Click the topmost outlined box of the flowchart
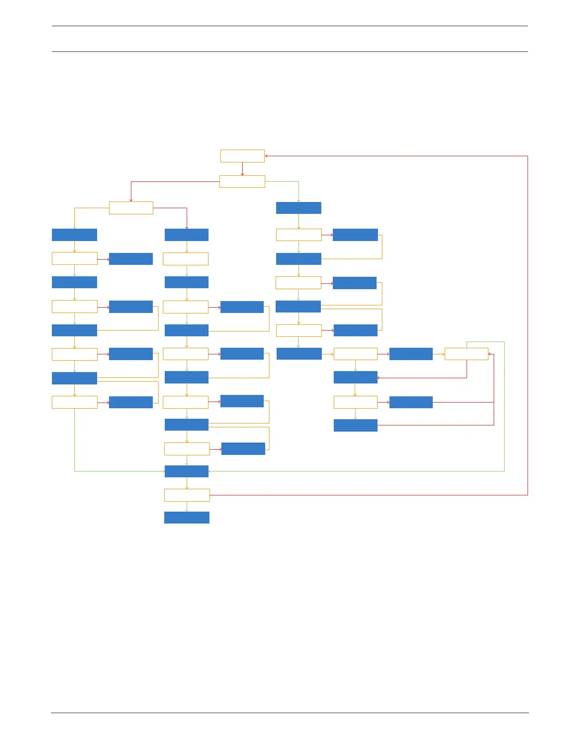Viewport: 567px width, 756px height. pyautogui.click(x=242, y=156)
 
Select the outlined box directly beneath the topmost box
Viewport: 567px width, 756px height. pyautogui.click(x=242, y=181)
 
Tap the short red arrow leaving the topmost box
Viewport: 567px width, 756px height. pyautogui.click(x=242, y=169)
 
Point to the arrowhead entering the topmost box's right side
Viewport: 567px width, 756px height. pyautogui.click(x=267, y=156)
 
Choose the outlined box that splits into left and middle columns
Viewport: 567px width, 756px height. pyautogui.click(x=131, y=208)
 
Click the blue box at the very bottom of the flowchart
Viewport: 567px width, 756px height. pyautogui.click(x=187, y=517)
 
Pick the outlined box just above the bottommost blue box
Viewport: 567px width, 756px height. pyautogui.click(x=187, y=495)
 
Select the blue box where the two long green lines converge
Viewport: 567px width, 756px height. pyautogui.click(x=187, y=471)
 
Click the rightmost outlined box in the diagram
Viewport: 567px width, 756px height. pyautogui.click(x=467, y=354)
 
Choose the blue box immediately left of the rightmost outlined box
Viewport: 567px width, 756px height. pyautogui.click(x=411, y=354)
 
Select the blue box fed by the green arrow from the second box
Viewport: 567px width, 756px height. pyautogui.click(x=298, y=208)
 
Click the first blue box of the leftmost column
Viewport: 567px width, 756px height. pyautogui.click(x=74, y=235)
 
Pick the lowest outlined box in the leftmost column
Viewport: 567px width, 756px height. pyautogui.click(x=74, y=402)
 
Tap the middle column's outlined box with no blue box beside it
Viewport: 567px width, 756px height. pyautogui.click(x=186, y=259)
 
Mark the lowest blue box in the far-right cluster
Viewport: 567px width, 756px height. pyautogui.click(x=356, y=425)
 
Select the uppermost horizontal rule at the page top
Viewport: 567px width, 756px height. pyautogui.click(x=289, y=26)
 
